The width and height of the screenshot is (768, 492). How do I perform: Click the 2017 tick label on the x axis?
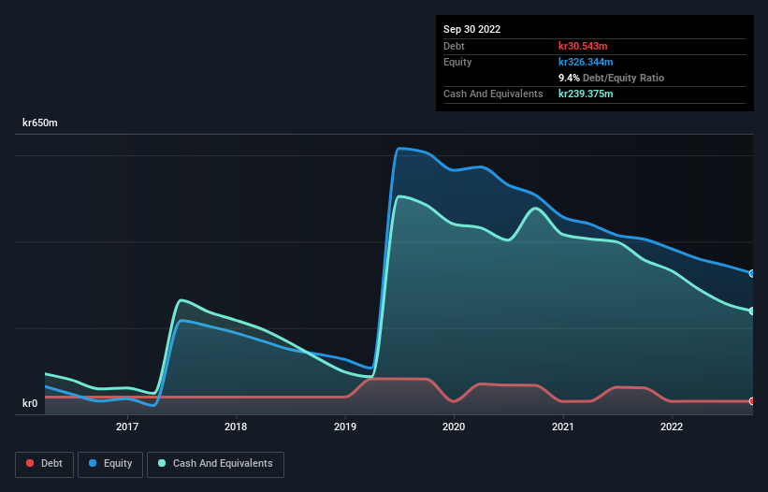[x=127, y=427]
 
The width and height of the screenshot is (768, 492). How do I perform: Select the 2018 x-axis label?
[x=236, y=427]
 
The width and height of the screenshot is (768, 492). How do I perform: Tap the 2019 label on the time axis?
[x=345, y=427]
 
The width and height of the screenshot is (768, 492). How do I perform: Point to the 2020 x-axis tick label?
[x=454, y=427]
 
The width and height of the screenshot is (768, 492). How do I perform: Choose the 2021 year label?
[x=562, y=427]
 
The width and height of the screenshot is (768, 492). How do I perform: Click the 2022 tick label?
[x=672, y=427]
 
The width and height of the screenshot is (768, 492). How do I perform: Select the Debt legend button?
[x=44, y=463]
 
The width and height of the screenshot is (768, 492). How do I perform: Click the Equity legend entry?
[x=110, y=463]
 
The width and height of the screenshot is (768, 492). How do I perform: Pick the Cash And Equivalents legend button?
[x=215, y=463]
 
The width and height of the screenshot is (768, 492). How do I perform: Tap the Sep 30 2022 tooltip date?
[x=472, y=29]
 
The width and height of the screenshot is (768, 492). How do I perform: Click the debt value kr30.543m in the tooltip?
[x=585, y=46]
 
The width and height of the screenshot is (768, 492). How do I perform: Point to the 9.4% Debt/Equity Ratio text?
[x=611, y=78]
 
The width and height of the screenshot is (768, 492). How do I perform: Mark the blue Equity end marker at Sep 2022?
[x=752, y=273]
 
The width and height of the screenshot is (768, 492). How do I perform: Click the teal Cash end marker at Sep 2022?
[x=752, y=311]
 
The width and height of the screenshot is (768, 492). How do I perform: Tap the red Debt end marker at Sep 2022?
[x=752, y=401]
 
